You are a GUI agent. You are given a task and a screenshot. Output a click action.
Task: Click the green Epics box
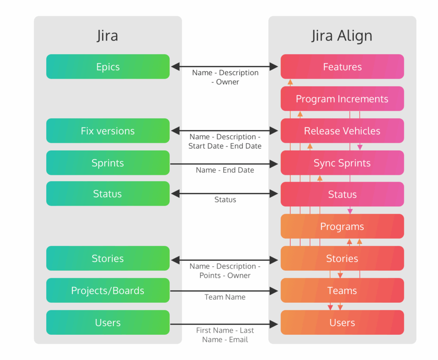tap(108, 67)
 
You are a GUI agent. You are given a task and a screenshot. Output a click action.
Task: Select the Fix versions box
tap(108, 131)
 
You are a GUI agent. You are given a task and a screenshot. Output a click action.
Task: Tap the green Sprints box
tap(108, 163)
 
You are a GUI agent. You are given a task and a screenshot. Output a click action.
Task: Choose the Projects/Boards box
tap(108, 291)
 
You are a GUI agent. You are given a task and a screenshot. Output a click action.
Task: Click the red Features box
tap(342, 67)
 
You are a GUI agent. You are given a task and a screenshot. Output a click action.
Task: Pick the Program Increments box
tap(342, 99)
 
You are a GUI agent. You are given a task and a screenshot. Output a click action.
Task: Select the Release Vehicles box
tap(342, 131)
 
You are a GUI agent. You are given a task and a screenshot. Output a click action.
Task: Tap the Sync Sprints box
tap(342, 163)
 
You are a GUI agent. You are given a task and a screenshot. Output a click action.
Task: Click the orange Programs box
tap(342, 227)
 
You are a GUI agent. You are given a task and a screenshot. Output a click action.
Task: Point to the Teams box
tap(342, 291)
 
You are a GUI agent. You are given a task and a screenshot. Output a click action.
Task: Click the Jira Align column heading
tap(342, 36)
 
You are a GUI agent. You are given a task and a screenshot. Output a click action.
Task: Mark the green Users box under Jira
tap(108, 323)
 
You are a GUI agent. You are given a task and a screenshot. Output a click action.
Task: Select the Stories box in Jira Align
tap(342, 258)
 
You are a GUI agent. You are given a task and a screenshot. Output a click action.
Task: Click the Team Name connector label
tap(225, 297)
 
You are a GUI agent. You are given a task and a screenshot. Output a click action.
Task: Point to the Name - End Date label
tap(225, 170)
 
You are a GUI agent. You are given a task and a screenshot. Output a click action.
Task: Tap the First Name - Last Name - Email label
tap(225, 335)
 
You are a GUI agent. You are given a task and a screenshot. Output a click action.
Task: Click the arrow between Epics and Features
tap(225, 66)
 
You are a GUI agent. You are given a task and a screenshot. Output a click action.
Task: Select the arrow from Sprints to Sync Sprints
tap(225, 163)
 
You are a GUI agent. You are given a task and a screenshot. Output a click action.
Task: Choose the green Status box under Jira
tap(108, 194)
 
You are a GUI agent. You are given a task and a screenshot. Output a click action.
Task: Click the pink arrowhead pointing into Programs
tap(350, 211)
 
